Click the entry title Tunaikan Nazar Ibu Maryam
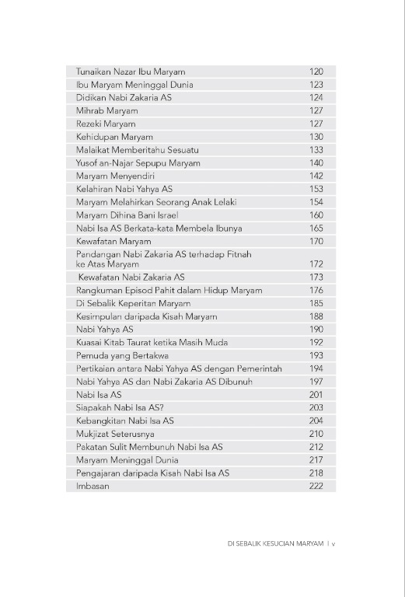[x=130, y=72]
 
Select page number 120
[x=316, y=72]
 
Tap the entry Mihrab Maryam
[x=106, y=111]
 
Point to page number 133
[x=316, y=150]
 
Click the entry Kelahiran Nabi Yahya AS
[x=124, y=189]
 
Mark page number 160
[x=316, y=215]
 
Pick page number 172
[x=316, y=264]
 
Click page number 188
[x=316, y=316]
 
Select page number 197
[x=316, y=382]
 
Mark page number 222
[x=316, y=486]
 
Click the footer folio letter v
[x=333, y=544]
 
